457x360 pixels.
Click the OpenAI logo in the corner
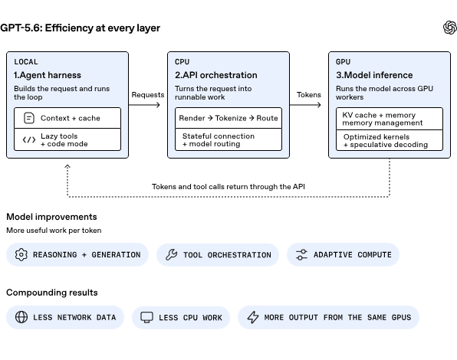[x=449, y=28]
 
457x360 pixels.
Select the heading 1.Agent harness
[x=48, y=75]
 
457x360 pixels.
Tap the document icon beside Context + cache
[x=29, y=118]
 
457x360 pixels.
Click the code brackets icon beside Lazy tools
[x=29, y=140]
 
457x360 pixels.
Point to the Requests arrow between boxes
[x=144, y=105]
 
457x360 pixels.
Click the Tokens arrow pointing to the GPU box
[x=305, y=105]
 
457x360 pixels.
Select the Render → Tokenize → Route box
[x=228, y=118]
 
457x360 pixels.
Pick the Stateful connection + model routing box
[x=228, y=139]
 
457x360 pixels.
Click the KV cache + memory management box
[x=390, y=119]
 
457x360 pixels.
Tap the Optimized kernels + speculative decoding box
[x=390, y=140]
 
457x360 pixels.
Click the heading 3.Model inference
[x=374, y=75]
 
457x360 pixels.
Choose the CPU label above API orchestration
[x=182, y=62]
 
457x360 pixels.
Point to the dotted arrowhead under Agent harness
[x=67, y=166]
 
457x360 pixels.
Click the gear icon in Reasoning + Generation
[x=21, y=254]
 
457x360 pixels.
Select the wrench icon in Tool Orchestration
[x=172, y=254]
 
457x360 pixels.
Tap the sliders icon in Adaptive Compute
[x=301, y=254]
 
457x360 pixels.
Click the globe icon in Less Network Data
[x=21, y=317]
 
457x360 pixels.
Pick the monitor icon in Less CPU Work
[x=147, y=317]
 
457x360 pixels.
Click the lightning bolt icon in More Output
[x=253, y=317]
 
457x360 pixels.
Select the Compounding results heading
[x=52, y=293]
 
